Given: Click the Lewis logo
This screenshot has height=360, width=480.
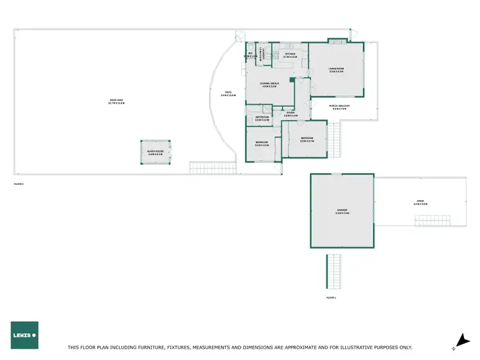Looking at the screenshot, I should (x=24, y=334).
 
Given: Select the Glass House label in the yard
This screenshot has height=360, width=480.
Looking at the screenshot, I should (x=156, y=153).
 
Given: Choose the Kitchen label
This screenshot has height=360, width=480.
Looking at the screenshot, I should (x=290, y=56).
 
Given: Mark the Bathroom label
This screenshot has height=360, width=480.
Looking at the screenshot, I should (x=262, y=118).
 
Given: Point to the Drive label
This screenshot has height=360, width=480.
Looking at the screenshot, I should (x=420, y=203).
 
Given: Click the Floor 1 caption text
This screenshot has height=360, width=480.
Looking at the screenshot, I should (x=331, y=297).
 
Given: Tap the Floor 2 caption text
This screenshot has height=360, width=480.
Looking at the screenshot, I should (x=19, y=184).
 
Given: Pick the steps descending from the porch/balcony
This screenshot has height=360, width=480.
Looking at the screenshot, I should (x=333, y=139).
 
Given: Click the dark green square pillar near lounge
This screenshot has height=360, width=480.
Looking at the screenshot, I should (x=292, y=81).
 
